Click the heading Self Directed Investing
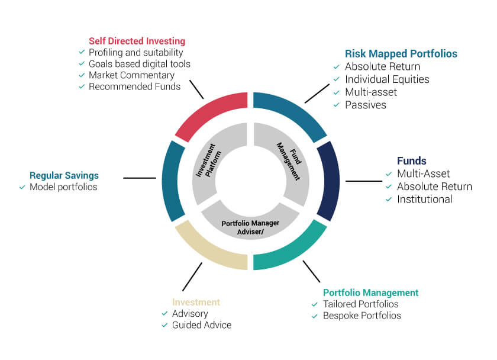click(x=137, y=41)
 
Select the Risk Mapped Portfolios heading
click(x=401, y=53)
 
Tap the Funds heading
click(x=411, y=161)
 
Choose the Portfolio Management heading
click(x=370, y=292)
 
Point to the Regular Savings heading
click(x=64, y=175)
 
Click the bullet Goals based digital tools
click(x=139, y=63)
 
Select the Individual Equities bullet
click(x=387, y=79)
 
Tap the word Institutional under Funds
click(x=424, y=199)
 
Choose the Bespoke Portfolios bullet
click(x=362, y=316)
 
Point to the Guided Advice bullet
click(x=201, y=325)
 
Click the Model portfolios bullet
click(x=63, y=187)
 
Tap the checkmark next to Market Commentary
click(x=82, y=75)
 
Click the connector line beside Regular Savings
click(x=140, y=177)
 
